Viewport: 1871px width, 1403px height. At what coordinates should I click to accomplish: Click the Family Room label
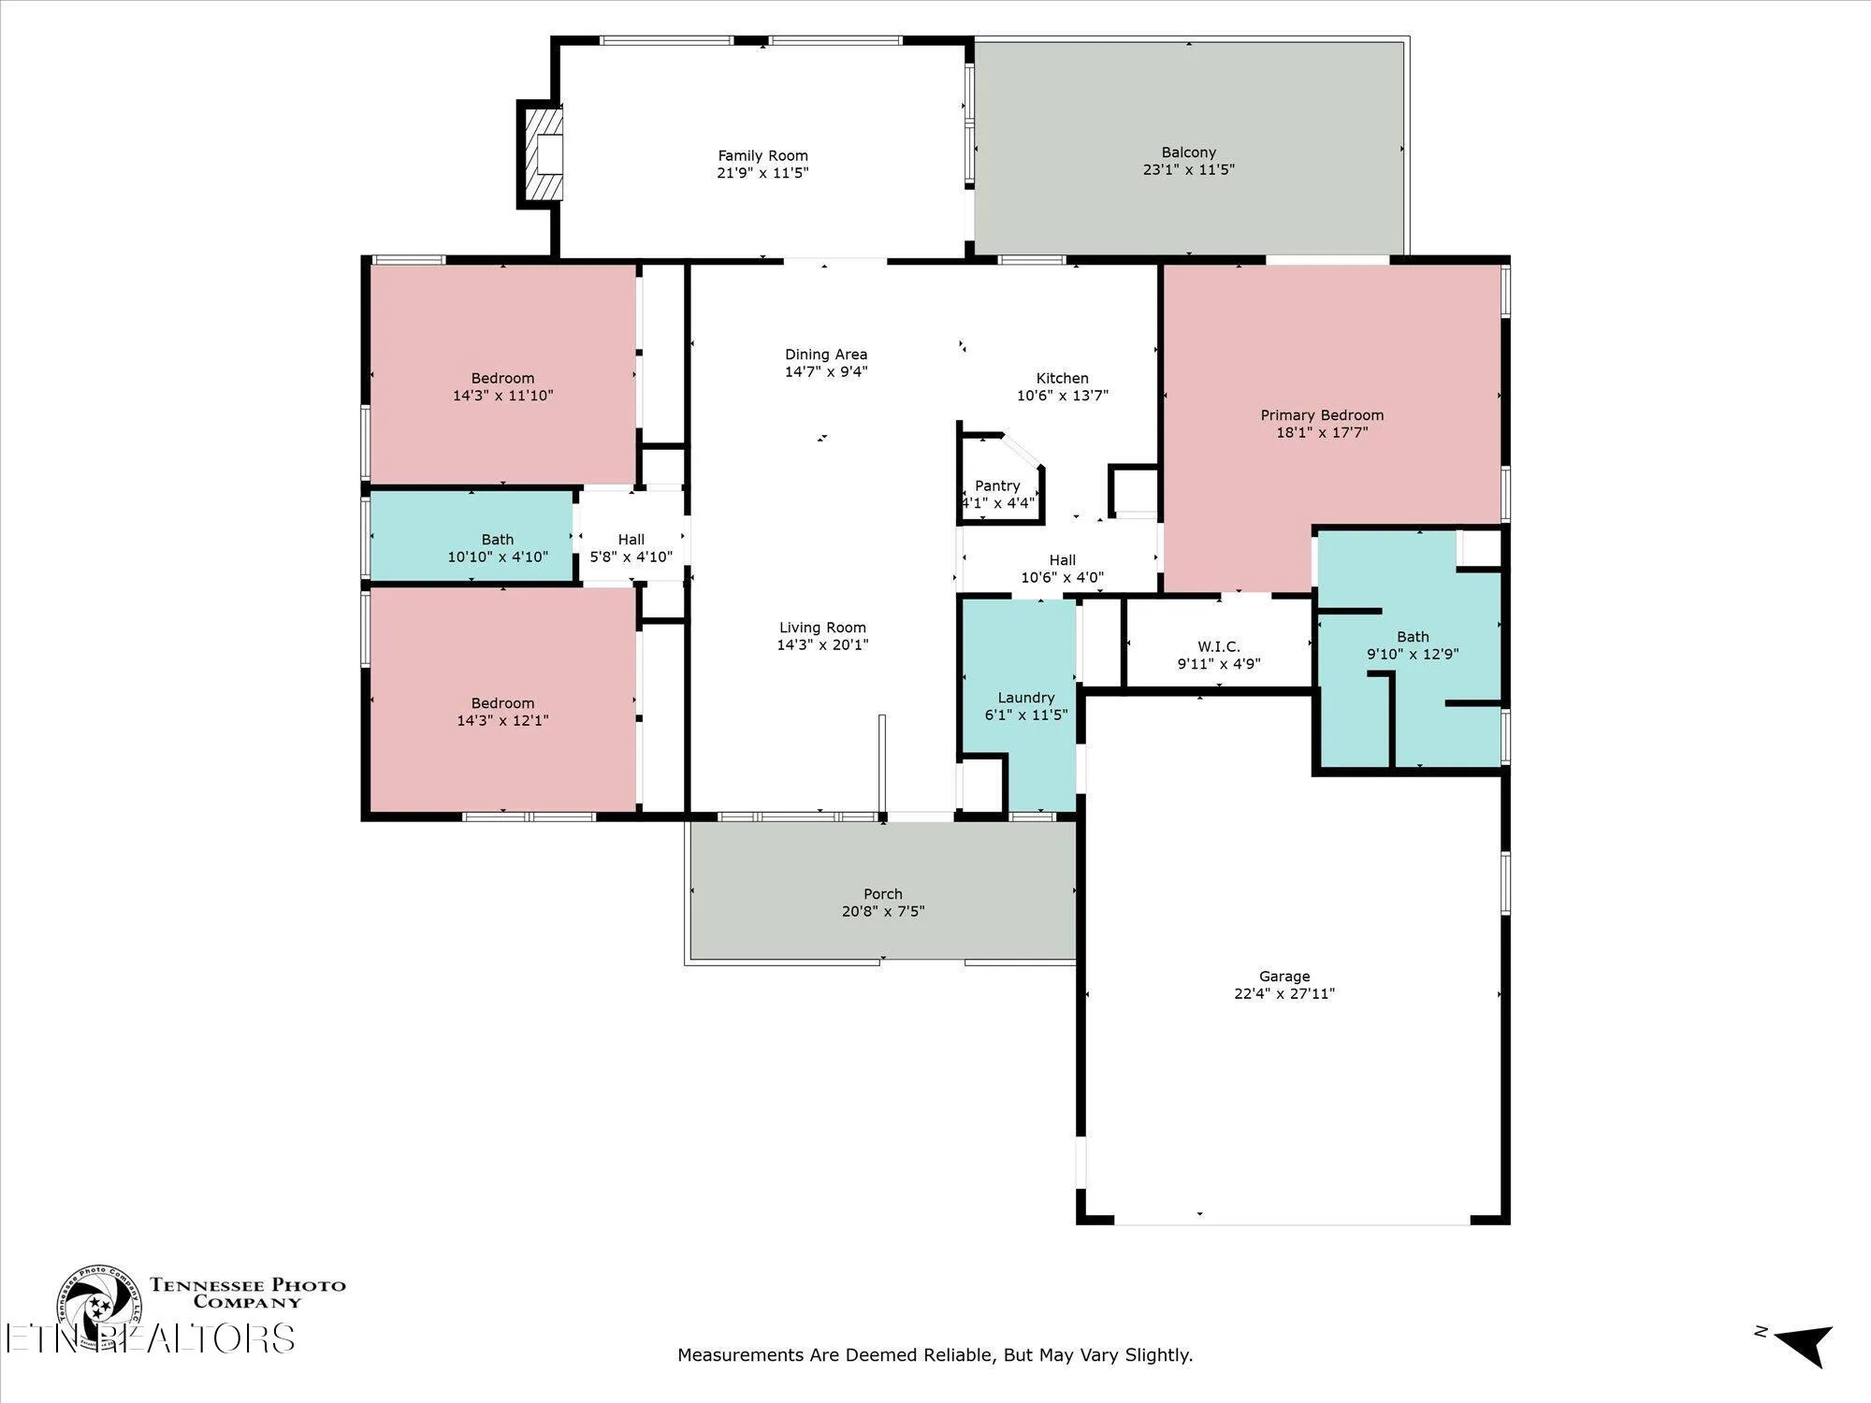(762, 156)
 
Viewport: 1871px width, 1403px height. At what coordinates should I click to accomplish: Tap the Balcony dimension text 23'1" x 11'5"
(1188, 170)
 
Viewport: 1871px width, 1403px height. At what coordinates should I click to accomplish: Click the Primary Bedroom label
(1321, 415)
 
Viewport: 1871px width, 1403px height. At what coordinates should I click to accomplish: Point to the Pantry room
(998, 486)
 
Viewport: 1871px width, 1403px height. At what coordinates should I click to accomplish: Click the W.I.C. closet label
(1218, 647)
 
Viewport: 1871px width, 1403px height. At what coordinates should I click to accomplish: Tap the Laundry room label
(1025, 698)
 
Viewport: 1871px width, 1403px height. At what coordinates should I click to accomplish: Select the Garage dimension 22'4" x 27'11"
(1284, 993)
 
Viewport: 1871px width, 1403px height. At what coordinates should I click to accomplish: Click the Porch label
(882, 894)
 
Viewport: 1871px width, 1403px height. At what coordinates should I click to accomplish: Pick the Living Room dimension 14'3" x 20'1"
(822, 644)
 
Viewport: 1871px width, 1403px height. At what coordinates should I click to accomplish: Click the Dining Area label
(825, 354)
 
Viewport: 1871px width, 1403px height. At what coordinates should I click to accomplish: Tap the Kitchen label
(1062, 379)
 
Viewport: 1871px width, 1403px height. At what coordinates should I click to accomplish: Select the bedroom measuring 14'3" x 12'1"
(503, 711)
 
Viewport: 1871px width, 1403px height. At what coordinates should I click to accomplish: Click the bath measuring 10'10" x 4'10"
(497, 548)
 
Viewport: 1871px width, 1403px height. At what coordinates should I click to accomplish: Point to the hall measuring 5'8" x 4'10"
(631, 548)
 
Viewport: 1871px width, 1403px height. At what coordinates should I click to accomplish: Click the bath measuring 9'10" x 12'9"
(1412, 645)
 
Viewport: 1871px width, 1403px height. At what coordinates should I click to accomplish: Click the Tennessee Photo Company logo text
(248, 1293)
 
